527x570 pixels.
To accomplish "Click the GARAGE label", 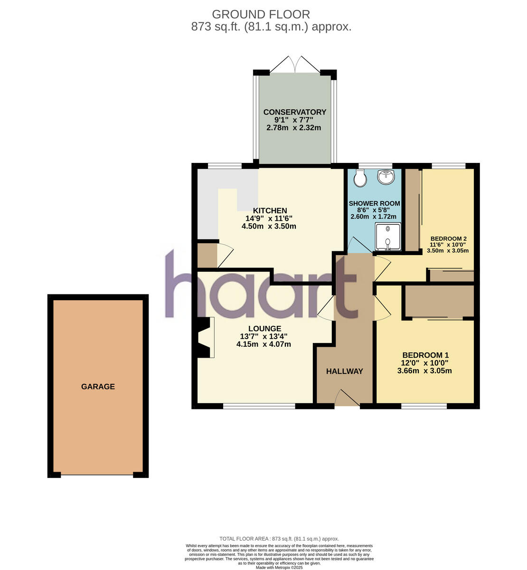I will point(98,387).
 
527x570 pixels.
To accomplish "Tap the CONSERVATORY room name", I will point(295,112).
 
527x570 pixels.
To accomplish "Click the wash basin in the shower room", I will point(386,177).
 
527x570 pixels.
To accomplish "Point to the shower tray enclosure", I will point(388,237).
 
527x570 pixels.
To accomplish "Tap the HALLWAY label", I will point(344,371).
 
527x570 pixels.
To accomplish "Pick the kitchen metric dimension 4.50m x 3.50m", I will point(269,226).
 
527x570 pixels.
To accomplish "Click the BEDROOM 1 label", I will point(425,355).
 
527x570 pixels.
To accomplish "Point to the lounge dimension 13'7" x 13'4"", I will point(264,336).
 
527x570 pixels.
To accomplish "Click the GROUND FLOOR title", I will point(261,14).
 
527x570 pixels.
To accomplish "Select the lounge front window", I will point(259,406).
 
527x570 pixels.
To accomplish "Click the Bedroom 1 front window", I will point(423,406).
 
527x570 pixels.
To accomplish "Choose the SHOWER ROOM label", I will point(374,203).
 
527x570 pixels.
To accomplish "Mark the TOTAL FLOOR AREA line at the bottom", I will point(279,539).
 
